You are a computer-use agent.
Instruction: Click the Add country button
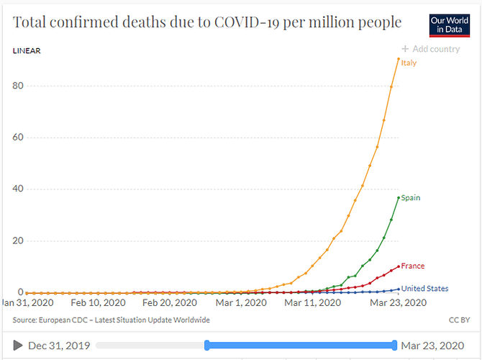430,49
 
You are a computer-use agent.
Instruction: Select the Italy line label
409,63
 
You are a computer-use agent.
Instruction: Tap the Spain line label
411,197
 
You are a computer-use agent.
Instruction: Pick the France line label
413,266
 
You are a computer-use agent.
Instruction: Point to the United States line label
424,289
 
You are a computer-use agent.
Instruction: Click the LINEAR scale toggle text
27,51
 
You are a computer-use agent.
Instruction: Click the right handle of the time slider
395,345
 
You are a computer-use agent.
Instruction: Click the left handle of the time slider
207,345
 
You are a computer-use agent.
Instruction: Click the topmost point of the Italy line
399,59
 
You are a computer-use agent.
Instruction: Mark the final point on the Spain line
399,197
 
